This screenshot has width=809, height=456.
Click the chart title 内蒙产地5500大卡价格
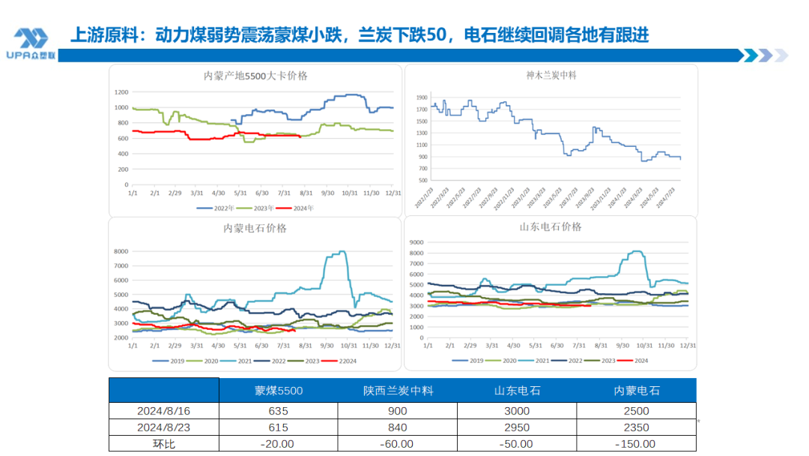(x=255, y=76)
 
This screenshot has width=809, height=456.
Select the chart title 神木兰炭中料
(x=551, y=75)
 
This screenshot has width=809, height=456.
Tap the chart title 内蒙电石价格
(x=255, y=228)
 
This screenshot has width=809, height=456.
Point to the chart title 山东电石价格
(x=551, y=226)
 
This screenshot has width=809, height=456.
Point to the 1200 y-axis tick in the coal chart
(x=121, y=92)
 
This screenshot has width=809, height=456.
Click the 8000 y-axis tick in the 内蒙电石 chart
(x=121, y=251)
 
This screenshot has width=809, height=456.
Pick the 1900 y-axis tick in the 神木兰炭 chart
(x=421, y=97)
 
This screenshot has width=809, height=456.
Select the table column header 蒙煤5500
(x=278, y=390)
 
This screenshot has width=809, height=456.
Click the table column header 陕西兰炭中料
(x=398, y=390)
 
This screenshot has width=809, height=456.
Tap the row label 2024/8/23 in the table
(x=163, y=427)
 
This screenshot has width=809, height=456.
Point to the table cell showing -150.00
(x=636, y=444)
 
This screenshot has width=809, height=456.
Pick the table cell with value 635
(x=278, y=411)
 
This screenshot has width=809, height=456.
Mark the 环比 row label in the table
(x=163, y=444)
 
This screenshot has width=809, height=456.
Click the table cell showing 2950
(x=517, y=427)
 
